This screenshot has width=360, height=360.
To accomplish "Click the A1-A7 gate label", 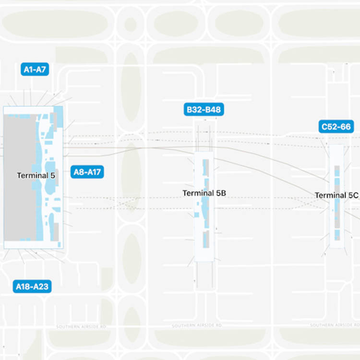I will [35, 70].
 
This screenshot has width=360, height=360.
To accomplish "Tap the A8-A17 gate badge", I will [87, 172].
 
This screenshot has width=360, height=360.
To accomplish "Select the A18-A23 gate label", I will [32, 287].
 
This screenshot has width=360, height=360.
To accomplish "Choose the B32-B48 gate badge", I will [204, 110].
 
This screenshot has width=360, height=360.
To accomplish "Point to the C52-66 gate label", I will [336, 127].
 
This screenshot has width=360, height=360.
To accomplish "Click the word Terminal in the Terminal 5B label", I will [196, 193].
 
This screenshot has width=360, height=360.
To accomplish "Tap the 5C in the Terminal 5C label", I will [353, 195].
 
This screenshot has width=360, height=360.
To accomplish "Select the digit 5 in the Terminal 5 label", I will [52, 176].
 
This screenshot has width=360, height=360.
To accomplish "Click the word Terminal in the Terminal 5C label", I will [329, 195].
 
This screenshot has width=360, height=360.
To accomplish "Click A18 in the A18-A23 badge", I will [23, 287].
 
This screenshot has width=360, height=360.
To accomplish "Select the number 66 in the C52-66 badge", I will [346, 127].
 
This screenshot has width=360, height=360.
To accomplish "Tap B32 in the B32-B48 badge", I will [194, 110].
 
